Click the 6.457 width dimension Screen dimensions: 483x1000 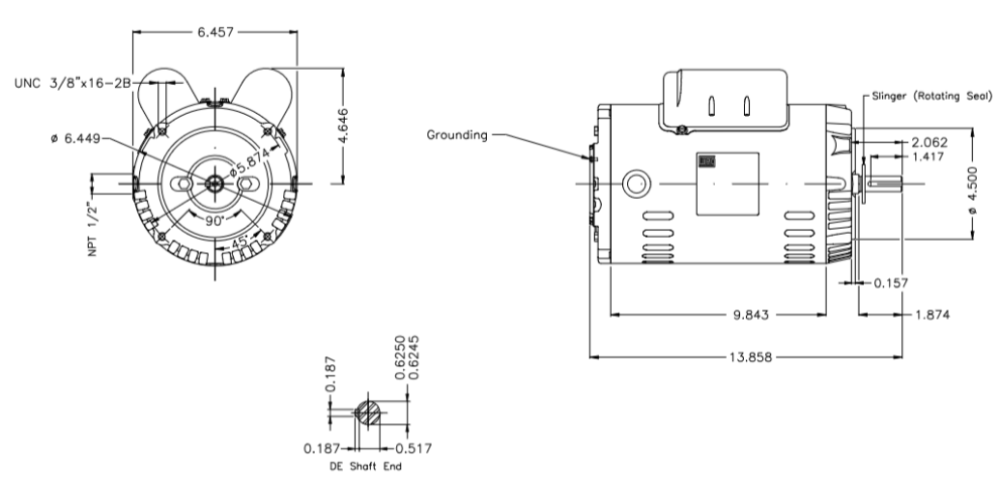click(215, 32)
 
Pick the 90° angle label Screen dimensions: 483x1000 click(206, 220)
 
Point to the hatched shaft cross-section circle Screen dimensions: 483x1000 click(367, 411)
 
